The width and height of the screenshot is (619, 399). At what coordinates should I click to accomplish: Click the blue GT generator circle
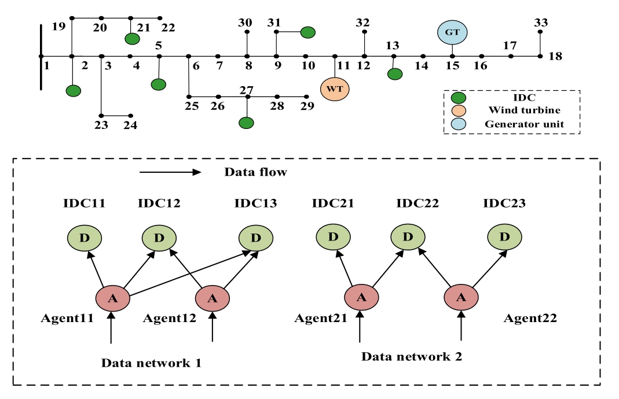pos(452,32)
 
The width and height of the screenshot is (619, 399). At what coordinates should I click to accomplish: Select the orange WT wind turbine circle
pos(335,88)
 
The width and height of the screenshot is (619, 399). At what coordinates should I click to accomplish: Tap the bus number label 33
pos(541,23)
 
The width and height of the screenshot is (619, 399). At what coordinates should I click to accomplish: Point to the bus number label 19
pos(58,26)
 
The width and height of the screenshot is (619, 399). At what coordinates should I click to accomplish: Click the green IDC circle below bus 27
pos(247,123)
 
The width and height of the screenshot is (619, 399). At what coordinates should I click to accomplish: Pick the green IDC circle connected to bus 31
pos(307,32)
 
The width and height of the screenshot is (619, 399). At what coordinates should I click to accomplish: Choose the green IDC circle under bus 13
pos(395,74)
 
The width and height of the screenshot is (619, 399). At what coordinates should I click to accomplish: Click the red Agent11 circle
pos(112,298)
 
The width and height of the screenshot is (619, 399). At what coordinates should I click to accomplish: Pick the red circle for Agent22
pos(461,298)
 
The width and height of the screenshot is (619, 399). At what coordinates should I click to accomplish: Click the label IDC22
pos(417,203)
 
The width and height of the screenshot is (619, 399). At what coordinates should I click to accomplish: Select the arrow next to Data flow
pos(170,172)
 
